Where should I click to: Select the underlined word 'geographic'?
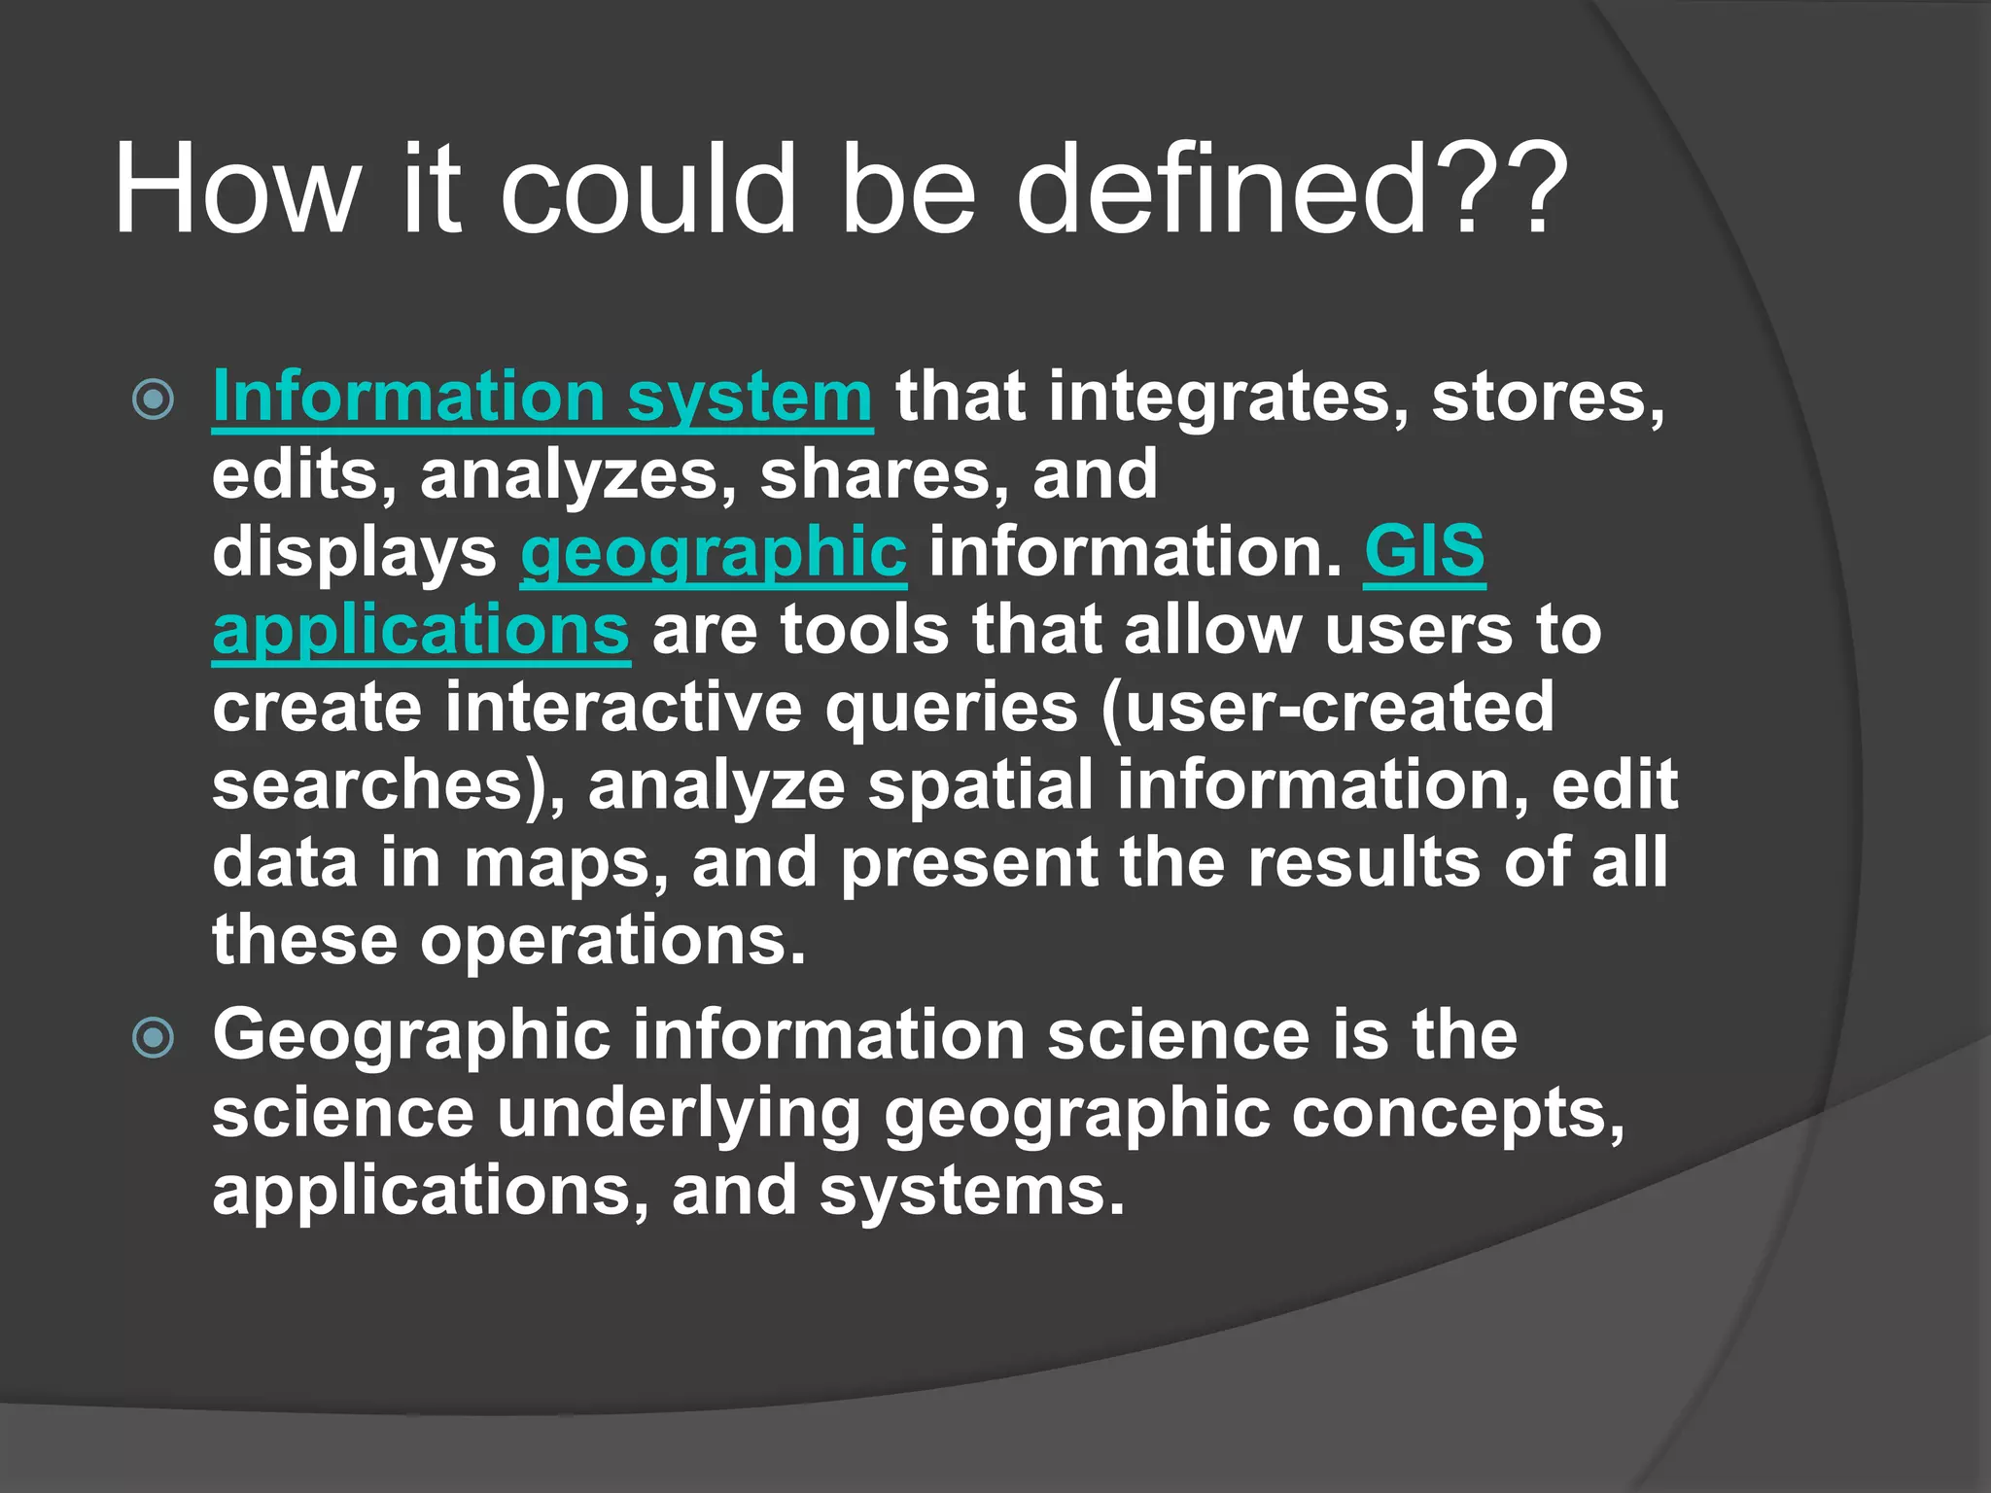point(714,552)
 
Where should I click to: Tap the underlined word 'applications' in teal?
point(421,630)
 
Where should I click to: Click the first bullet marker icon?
point(153,399)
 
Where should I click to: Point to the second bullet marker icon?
point(153,1037)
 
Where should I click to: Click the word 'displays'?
point(354,552)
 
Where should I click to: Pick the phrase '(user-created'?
point(1328,707)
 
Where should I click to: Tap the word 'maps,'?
point(567,863)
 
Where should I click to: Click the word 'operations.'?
point(612,941)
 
